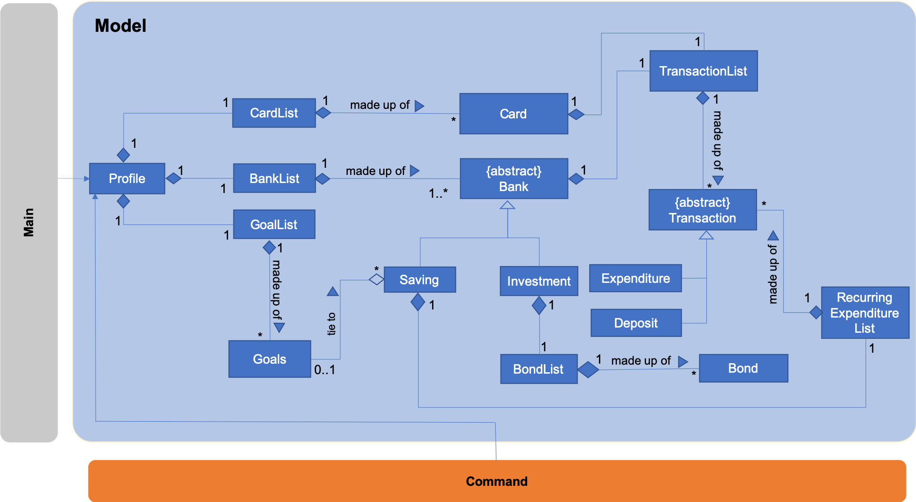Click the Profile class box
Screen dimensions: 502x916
tap(127, 179)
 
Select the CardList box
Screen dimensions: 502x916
tap(274, 113)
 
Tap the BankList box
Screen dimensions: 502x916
tap(274, 178)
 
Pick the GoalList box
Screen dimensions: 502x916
tap(274, 224)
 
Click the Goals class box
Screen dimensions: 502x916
tap(270, 359)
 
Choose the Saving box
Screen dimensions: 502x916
tap(419, 280)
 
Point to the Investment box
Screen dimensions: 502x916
tap(539, 281)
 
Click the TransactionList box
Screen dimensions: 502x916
tap(703, 71)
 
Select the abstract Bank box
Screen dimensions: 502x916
tap(513, 179)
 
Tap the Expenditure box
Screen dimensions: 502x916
tap(635, 278)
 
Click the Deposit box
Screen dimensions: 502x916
tap(636, 323)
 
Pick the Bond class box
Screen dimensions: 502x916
tap(743, 368)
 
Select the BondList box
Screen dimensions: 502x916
tap(538, 369)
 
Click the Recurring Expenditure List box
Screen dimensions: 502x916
tap(865, 313)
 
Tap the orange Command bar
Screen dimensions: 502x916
tap(497, 481)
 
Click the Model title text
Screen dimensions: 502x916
tap(120, 26)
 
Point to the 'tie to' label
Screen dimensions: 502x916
tap(331, 324)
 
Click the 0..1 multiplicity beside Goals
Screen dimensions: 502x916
tap(325, 370)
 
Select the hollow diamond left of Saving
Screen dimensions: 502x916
tap(376, 280)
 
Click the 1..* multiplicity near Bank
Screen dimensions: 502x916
tap(438, 193)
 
